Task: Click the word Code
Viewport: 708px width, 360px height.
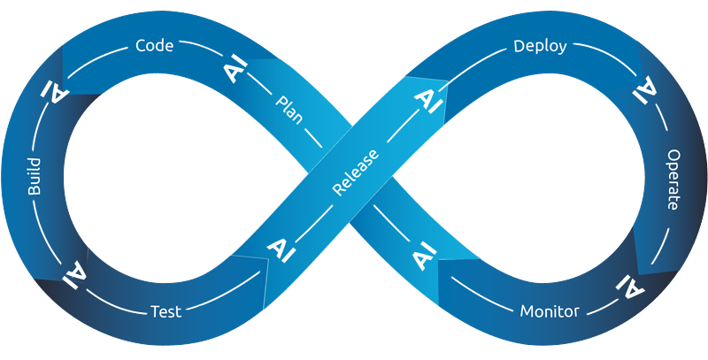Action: (x=154, y=45)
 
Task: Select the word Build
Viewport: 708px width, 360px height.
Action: (x=35, y=179)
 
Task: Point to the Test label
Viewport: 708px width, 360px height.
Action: (x=165, y=311)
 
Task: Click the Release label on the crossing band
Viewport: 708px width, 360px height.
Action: (x=356, y=172)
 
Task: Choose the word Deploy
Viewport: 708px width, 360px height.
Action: (x=540, y=46)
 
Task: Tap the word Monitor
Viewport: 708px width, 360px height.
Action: (x=549, y=311)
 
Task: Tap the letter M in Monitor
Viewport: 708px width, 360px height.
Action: (x=527, y=311)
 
